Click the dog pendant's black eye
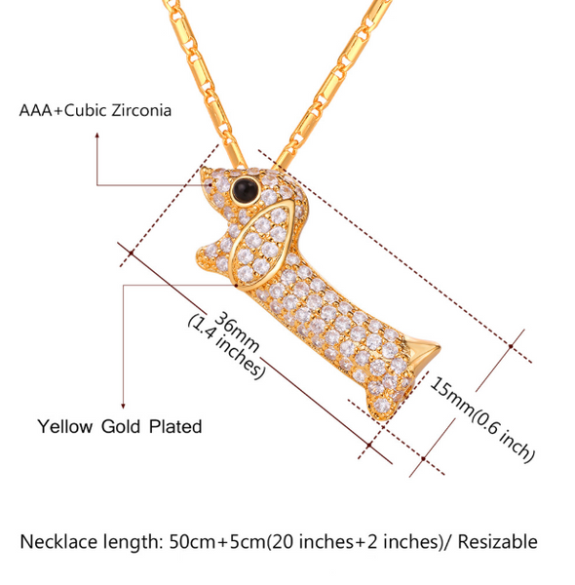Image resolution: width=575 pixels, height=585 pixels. click(x=245, y=189)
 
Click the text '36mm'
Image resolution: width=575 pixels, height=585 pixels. click(x=237, y=331)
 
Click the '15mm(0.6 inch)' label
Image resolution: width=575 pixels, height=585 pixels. click(x=482, y=418)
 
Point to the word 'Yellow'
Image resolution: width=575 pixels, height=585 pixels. click(x=65, y=426)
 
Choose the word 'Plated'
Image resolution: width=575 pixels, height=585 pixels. click(x=175, y=426)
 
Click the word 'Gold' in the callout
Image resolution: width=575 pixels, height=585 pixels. click(x=121, y=426)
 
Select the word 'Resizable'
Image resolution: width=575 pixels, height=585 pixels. click(x=498, y=542)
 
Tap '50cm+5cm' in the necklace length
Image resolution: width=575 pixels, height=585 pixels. click(x=217, y=542)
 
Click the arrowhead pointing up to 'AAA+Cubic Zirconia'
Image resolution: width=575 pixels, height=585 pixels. click(x=96, y=136)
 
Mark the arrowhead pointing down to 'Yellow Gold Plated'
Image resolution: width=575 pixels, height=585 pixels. click(x=123, y=406)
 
